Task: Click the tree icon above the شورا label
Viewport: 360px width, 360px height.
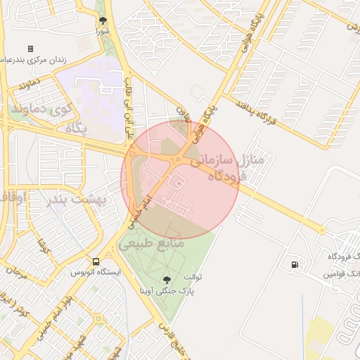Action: (x=103, y=20)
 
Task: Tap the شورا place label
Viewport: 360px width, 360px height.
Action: (x=103, y=32)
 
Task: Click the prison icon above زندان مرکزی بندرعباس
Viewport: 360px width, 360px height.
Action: (x=30, y=49)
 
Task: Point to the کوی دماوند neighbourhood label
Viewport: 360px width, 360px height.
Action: (x=41, y=110)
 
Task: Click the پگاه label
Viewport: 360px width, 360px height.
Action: (x=75, y=127)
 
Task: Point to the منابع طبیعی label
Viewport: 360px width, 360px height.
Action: (x=152, y=243)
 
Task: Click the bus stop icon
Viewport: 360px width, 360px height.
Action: (x=96, y=262)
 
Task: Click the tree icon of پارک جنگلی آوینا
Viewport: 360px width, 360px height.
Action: (x=167, y=280)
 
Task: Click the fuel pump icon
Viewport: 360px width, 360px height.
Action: (x=292, y=265)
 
